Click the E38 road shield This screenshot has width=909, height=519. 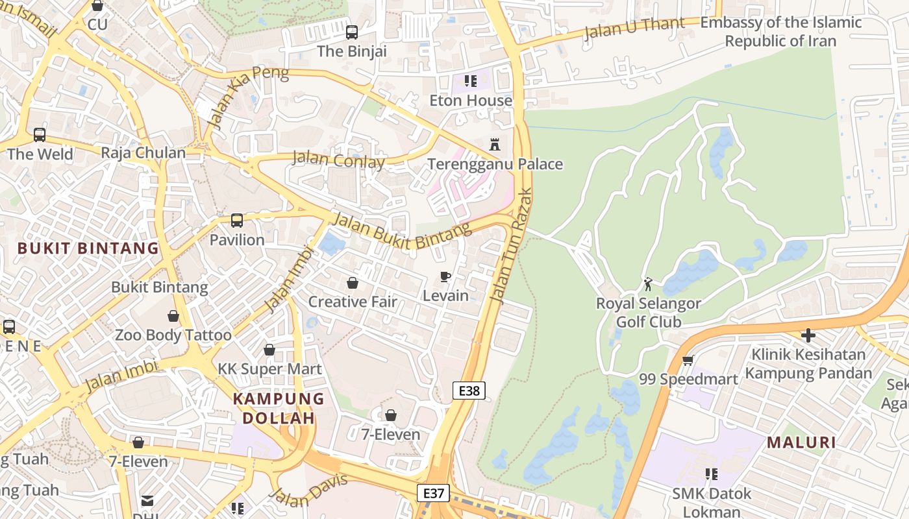point(469,391)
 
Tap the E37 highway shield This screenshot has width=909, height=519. point(433,493)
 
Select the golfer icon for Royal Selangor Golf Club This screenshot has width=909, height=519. point(648,284)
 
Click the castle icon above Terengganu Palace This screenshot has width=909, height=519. point(495,144)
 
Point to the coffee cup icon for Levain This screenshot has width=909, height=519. point(445,276)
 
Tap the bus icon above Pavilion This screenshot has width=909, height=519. point(237,221)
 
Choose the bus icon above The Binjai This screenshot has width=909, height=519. point(352,32)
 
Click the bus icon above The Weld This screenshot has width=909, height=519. point(40,135)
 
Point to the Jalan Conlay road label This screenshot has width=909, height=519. point(338,159)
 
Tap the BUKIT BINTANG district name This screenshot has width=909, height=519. point(88,248)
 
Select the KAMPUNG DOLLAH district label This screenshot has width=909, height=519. point(279,408)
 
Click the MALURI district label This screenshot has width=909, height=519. point(801,442)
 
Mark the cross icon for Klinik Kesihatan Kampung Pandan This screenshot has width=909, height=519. point(808,335)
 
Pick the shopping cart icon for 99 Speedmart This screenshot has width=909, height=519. point(688,360)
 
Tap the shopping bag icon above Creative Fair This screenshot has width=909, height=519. point(353,283)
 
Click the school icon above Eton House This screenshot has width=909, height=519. point(471,81)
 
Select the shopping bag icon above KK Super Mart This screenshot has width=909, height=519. point(269,350)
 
